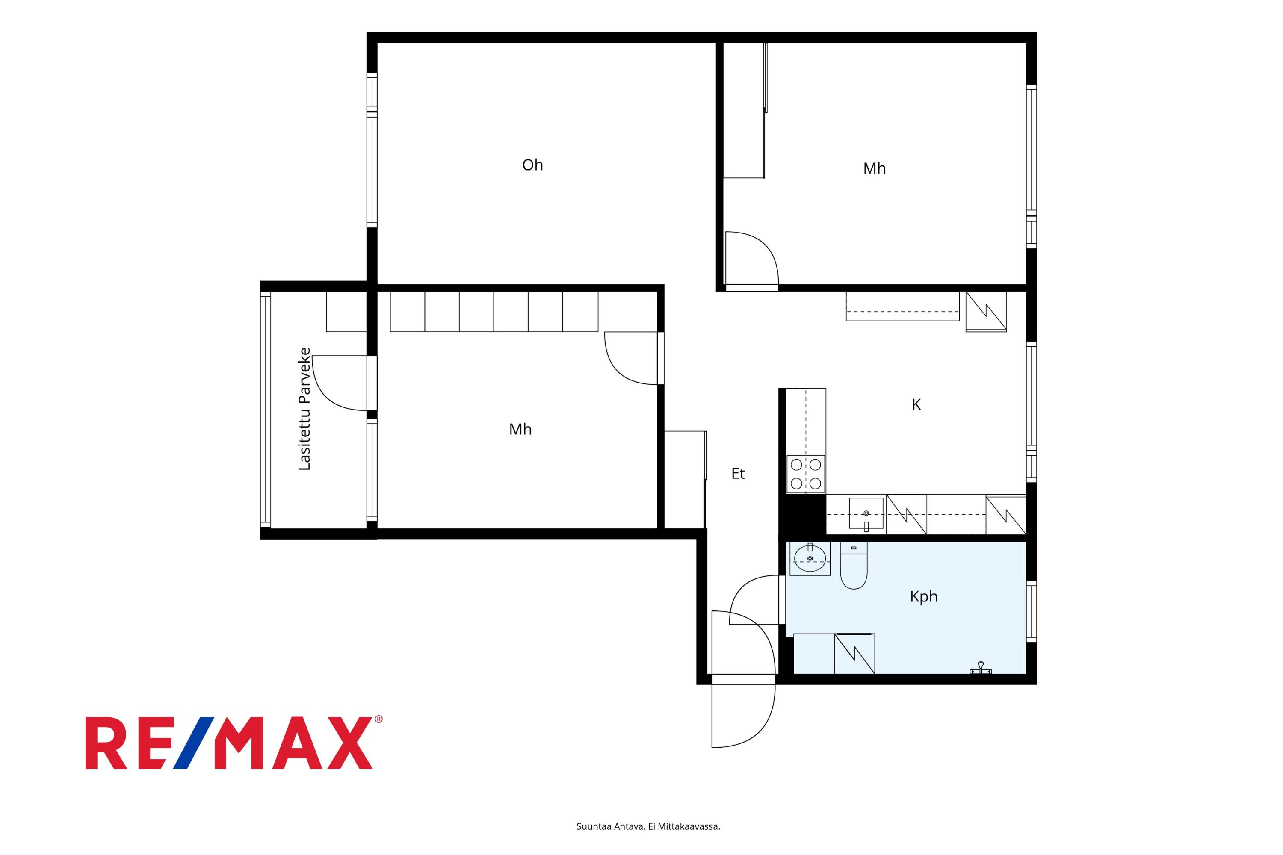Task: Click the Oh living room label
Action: (x=532, y=165)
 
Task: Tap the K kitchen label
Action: (x=916, y=404)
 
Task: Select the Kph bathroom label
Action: (x=923, y=596)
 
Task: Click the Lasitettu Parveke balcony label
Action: (x=304, y=409)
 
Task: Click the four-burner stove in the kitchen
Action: (x=806, y=474)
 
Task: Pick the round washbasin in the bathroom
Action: (x=810, y=558)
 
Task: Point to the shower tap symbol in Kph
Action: (x=981, y=668)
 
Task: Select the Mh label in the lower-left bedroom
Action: (x=520, y=430)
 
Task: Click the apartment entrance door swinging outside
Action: (x=743, y=715)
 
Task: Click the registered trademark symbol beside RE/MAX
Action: (x=378, y=720)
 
